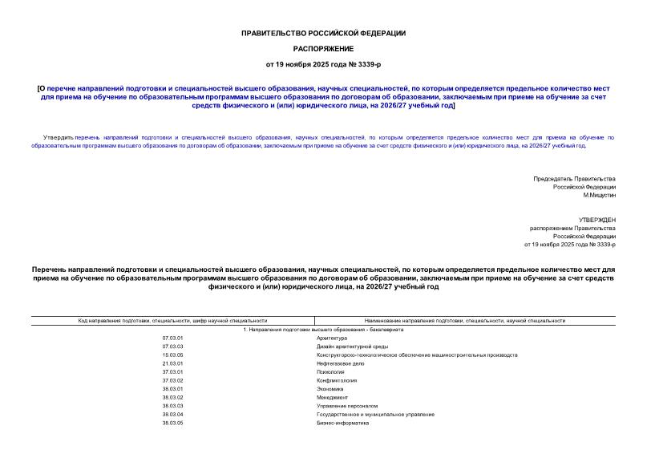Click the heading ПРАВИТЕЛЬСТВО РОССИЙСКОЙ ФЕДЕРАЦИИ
coord(323,33)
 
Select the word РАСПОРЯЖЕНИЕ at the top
coord(323,48)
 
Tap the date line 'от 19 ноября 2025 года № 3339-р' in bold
coord(323,63)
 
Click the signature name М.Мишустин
coord(599,195)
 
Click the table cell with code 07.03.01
coord(172,338)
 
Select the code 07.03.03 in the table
coord(172,347)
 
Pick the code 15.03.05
coord(172,355)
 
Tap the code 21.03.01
coord(172,363)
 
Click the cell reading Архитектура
coord(332,338)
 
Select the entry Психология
coord(330,372)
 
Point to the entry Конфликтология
coord(337,380)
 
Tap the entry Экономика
coord(331,389)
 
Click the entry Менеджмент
coord(333,397)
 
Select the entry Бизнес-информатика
coord(343,423)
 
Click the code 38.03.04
coord(172,414)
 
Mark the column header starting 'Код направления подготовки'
coord(172,321)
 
